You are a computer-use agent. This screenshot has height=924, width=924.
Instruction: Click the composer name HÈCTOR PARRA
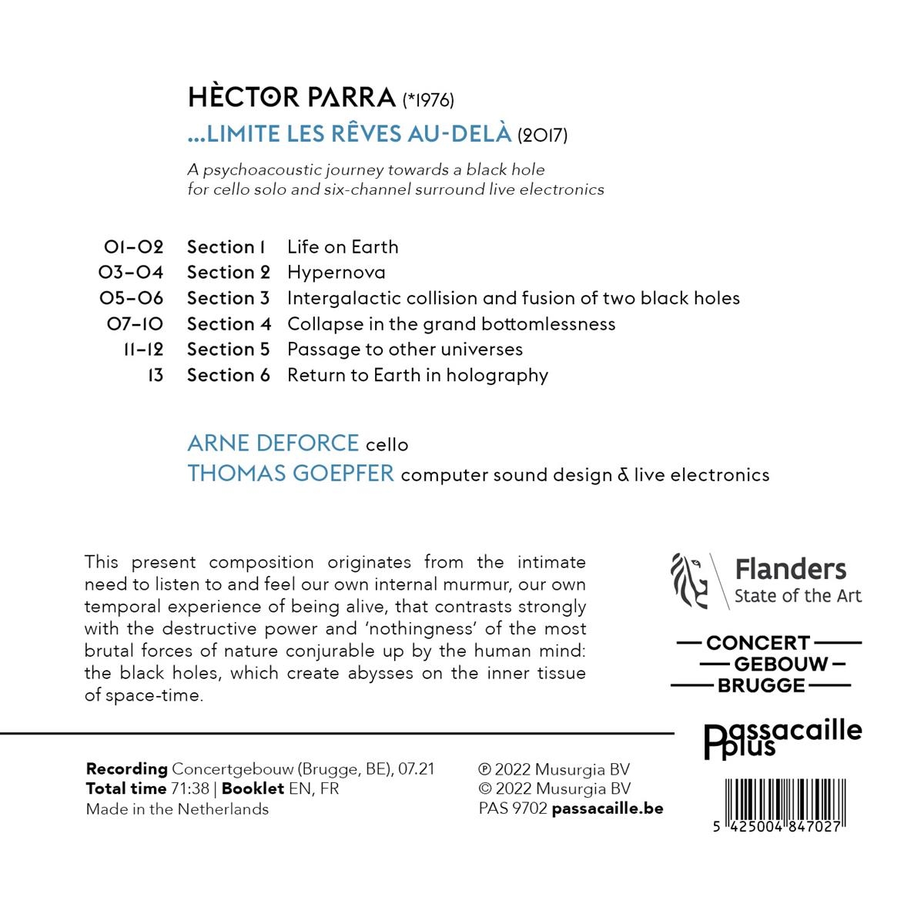pyautogui.click(x=292, y=98)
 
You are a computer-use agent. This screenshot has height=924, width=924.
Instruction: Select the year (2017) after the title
pyautogui.click(x=543, y=136)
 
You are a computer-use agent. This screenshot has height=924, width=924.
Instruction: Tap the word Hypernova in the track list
pyautogui.click(x=336, y=273)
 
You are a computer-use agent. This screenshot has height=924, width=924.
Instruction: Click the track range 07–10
pyautogui.click(x=135, y=324)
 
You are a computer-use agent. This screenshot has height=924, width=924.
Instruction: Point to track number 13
pyautogui.click(x=155, y=376)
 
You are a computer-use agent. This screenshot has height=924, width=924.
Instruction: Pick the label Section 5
pyautogui.click(x=228, y=350)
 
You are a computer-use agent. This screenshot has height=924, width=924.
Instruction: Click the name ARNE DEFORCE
pyautogui.click(x=273, y=444)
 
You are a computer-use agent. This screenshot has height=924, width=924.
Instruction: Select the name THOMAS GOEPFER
pyautogui.click(x=290, y=474)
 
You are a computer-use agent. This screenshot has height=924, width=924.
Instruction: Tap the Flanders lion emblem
pyautogui.click(x=690, y=580)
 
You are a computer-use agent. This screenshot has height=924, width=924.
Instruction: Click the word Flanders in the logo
pyautogui.click(x=790, y=570)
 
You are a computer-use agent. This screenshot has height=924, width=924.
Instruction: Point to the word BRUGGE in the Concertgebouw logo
pyautogui.click(x=761, y=685)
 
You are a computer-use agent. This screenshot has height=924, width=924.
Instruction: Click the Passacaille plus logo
pyautogui.click(x=783, y=738)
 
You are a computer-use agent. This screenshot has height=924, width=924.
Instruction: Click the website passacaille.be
pyautogui.click(x=608, y=808)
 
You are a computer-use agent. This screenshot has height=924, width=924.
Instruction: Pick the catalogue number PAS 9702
pyautogui.click(x=513, y=808)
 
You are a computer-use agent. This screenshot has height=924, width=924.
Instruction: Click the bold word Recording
pyautogui.click(x=127, y=768)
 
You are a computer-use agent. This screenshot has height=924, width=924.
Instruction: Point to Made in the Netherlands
pyautogui.click(x=177, y=809)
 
